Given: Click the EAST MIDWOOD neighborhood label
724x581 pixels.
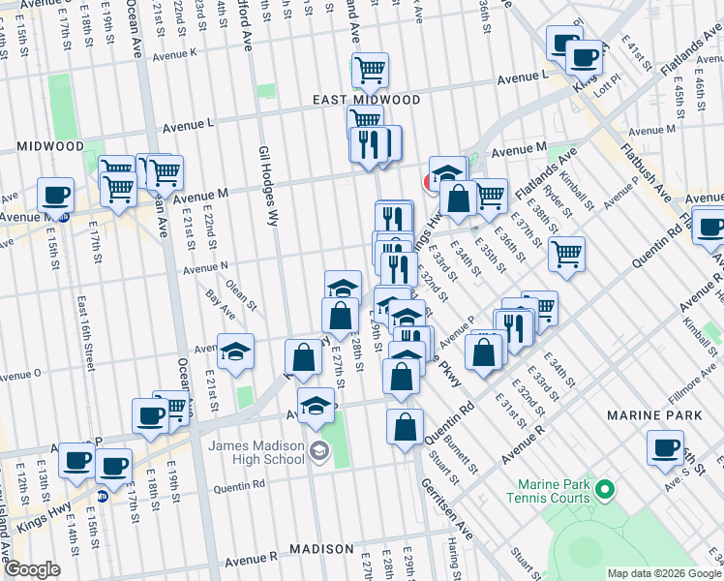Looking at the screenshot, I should point(366,100).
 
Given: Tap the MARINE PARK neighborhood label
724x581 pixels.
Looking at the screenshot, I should point(647,414).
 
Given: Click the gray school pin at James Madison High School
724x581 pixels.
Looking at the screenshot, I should point(319,452).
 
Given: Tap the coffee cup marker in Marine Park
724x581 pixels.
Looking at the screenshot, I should point(666,447).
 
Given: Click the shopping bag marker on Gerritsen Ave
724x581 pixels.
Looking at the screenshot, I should point(405,425).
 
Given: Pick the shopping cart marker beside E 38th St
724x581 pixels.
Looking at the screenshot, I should point(566,254).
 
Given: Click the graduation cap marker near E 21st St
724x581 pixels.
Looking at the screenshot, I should point(234,353).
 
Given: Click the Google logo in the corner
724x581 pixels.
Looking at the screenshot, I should point(32,569).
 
